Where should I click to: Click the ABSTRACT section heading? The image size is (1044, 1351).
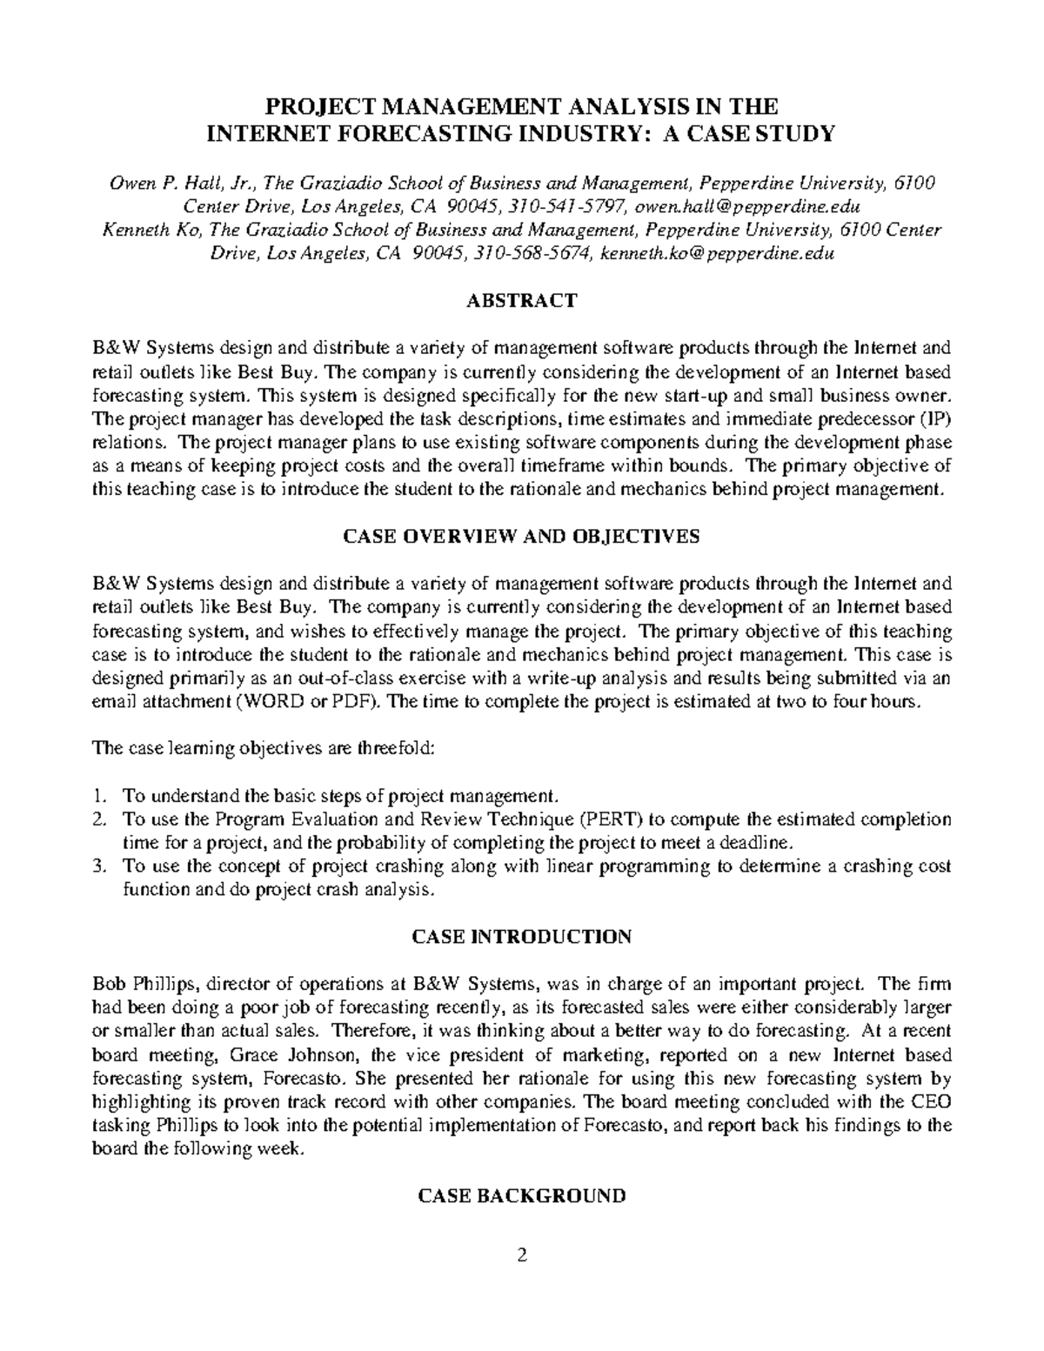click(x=521, y=301)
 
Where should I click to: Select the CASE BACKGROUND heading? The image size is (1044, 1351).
click(x=521, y=1196)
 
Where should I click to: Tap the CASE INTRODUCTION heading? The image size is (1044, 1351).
click(x=521, y=937)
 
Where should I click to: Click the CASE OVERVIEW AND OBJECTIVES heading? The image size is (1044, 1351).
click(x=521, y=537)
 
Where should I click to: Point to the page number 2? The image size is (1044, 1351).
click(x=522, y=1255)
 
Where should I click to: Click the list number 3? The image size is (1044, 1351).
click(x=100, y=866)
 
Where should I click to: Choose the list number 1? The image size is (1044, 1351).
click(x=100, y=795)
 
